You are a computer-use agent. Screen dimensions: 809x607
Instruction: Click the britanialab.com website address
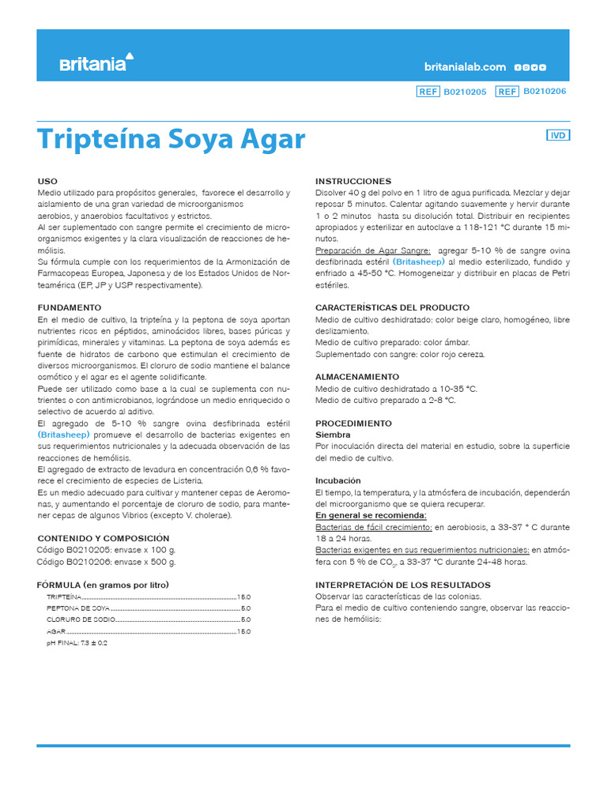click(465, 67)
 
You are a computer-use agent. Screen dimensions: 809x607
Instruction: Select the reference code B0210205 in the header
click(465, 92)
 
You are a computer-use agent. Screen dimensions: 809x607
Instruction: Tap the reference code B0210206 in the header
click(545, 92)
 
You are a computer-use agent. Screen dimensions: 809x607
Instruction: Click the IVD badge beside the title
click(558, 135)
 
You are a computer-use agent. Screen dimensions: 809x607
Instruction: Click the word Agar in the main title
click(273, 139)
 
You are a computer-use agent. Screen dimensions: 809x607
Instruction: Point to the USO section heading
click(47, 182)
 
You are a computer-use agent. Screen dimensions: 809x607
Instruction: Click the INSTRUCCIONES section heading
click(353, 182)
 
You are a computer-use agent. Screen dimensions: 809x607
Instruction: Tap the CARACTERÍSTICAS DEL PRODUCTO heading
click(392, 307)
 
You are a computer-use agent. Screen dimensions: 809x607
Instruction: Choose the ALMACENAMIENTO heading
click(356, 377)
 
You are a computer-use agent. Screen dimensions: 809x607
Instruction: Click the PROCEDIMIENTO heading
click(353, 423)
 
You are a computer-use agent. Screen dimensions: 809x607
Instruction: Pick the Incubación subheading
click(337, 480)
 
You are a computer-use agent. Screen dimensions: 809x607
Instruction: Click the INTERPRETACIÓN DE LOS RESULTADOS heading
click(409, 585)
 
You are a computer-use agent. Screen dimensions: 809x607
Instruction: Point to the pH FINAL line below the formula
click(77, 643)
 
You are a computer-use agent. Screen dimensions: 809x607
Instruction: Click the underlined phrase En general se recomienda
click(371, 515)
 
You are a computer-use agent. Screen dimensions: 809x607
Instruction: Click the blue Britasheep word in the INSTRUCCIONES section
click(419, 262)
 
